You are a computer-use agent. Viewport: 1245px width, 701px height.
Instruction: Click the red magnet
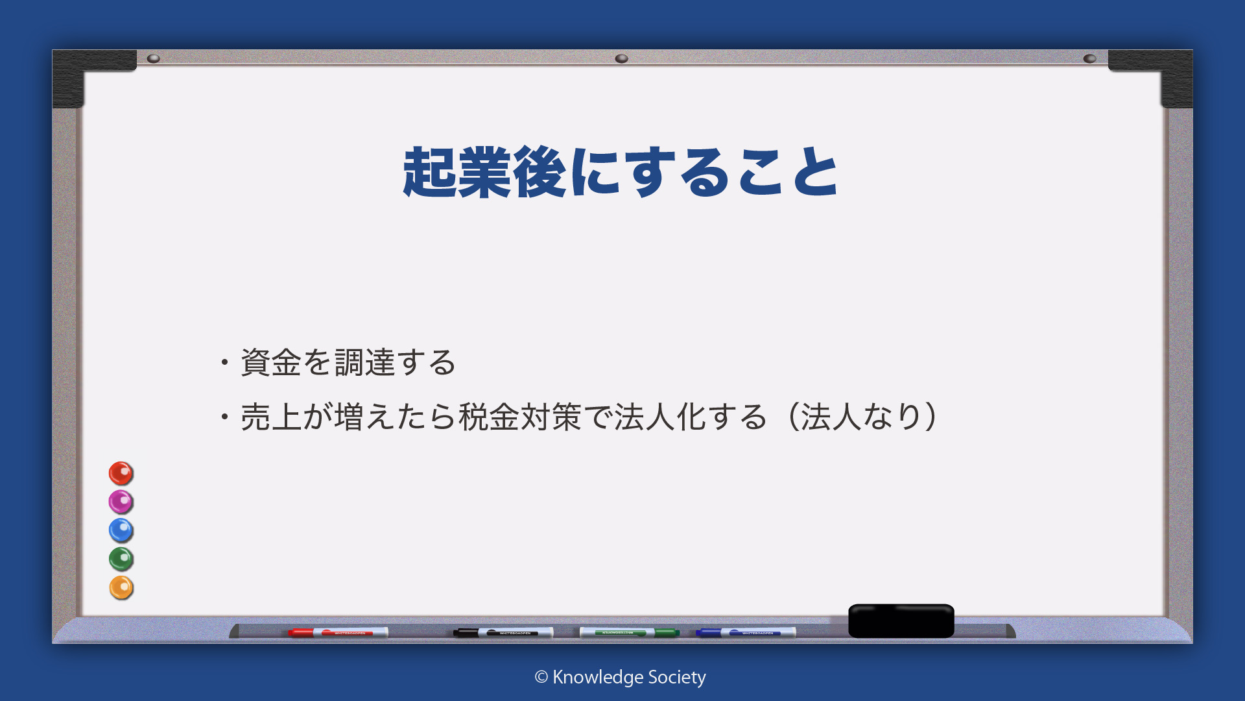click(x=121, y=473)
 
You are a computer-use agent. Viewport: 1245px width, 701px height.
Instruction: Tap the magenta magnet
click(x=121, y=502)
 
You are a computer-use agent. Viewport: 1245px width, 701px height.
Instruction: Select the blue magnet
click(x=121, y=530)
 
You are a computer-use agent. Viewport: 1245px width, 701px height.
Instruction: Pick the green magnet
click(x=121, y=559)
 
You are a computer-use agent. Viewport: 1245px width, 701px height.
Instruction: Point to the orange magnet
click(x=121, y=587)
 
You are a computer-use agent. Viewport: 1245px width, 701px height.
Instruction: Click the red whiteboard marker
click(x=338, y=632)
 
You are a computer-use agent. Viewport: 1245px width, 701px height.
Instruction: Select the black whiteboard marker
click(x=503, y=632)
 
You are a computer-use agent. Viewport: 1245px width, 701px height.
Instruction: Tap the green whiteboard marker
click(x=629, y=632)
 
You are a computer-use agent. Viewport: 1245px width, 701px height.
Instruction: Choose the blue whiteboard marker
click(x=746, y=632)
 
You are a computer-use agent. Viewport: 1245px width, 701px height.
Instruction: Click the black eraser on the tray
click(x=901, y=621)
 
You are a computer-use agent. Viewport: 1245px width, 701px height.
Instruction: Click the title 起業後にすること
click(x=621, y=172)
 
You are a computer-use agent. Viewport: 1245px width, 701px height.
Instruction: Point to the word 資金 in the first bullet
click(x=271, y=362)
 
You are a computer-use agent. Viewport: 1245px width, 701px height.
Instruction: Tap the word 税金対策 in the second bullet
click(x=520, y=417)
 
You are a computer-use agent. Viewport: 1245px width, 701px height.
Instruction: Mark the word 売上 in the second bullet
click(x=271, y=417)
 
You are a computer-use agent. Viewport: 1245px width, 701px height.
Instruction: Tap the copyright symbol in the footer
click(x=541, y=678)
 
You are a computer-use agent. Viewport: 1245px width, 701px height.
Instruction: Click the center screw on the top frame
click(x=621, y=58)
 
